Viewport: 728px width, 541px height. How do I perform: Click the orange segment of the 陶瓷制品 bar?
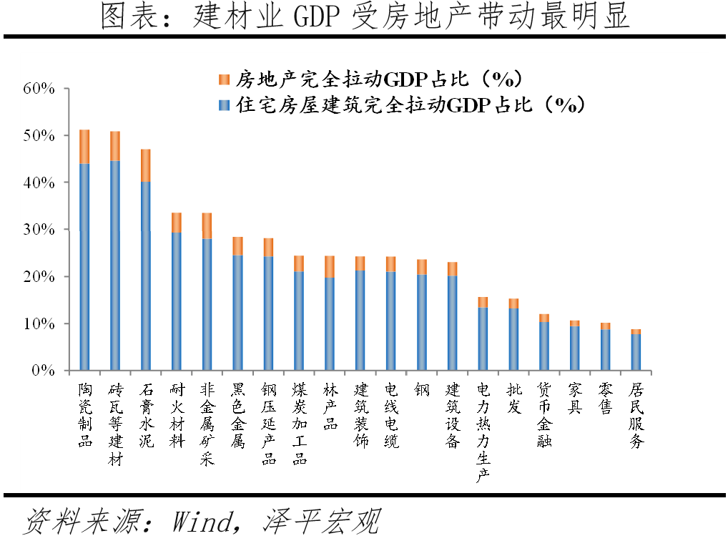tap(84, 147)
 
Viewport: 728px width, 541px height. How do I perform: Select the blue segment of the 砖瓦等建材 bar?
tap(115, 265)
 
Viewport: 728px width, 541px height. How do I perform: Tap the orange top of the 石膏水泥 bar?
tap(146, 165)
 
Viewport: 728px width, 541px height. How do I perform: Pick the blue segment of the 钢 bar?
tap(422, 322)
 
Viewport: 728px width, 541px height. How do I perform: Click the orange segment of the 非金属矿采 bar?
tap(207, 225)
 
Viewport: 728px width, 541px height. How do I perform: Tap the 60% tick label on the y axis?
tap(39, 89)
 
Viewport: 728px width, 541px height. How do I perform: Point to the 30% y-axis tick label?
tap(39, 230)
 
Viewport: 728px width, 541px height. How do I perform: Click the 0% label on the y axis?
tap(44, 371)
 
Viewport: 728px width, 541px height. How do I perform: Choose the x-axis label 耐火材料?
tap(176, 415)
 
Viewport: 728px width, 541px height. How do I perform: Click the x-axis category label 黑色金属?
tap(237, 415)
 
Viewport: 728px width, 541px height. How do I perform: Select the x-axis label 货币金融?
tap(544, 415)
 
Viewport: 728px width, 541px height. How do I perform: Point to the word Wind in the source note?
tap(202, 521)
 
